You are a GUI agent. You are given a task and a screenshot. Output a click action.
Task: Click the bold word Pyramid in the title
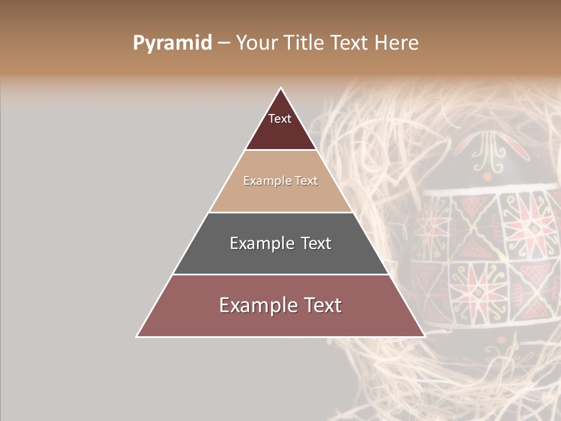click(172, 43)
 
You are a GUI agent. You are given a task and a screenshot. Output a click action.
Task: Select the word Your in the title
click(257, 43)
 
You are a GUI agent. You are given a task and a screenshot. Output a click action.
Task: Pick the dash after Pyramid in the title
click(223, 43)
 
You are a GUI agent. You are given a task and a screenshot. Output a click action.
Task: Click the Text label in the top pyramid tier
click(280, 119)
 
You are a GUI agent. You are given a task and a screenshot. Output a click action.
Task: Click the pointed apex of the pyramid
click(280, 89)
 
